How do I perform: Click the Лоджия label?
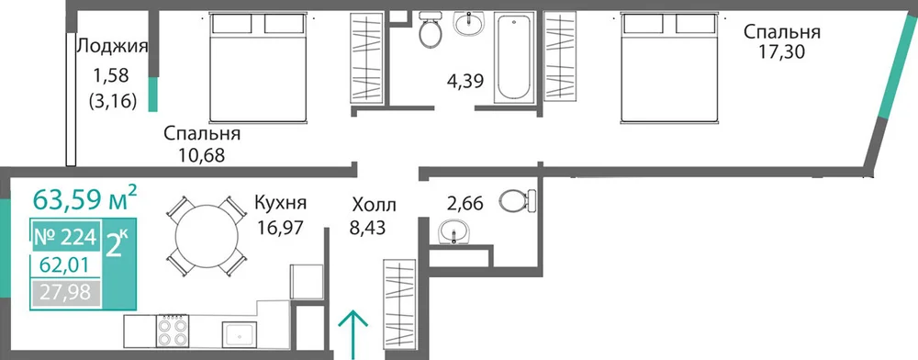coord(112,46)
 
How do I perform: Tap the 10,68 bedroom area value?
coord(201,156)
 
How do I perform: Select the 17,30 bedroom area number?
coord(782,52)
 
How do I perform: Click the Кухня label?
coord(280,204)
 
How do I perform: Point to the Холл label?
coord(375,206)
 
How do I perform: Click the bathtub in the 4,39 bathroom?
coord(513,59)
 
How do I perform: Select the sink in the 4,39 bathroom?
coord(469,24)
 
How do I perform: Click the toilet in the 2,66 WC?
coord(519,200)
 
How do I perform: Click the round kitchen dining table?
coord(207,237)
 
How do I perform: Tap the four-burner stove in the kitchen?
coord(173,332)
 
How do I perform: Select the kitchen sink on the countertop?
coord(240,334)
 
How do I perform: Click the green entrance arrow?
coord(353,334)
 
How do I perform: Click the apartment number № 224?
coord(65,238)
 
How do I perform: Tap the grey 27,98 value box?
coord(65,291)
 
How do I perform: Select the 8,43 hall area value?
coord(367,227)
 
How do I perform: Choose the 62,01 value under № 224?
coord(64,265)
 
